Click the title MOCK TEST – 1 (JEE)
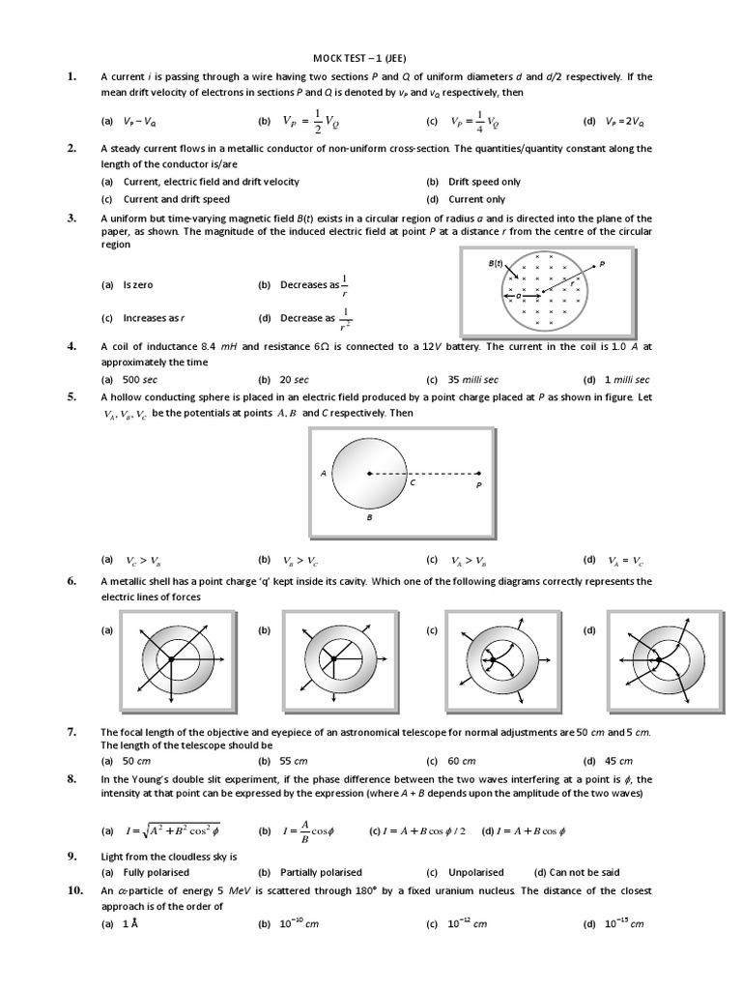click(x=370, y=57)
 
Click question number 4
click(x=71, y=346)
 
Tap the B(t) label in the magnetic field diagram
click(x=497, y=263)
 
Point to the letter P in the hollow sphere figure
click(x=477, y=486)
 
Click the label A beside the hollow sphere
click(x=323, y=474)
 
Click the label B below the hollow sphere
click(x=369, y=517)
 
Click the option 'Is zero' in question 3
click(x=138, y=285)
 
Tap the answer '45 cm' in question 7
click(x=618, y=761)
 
